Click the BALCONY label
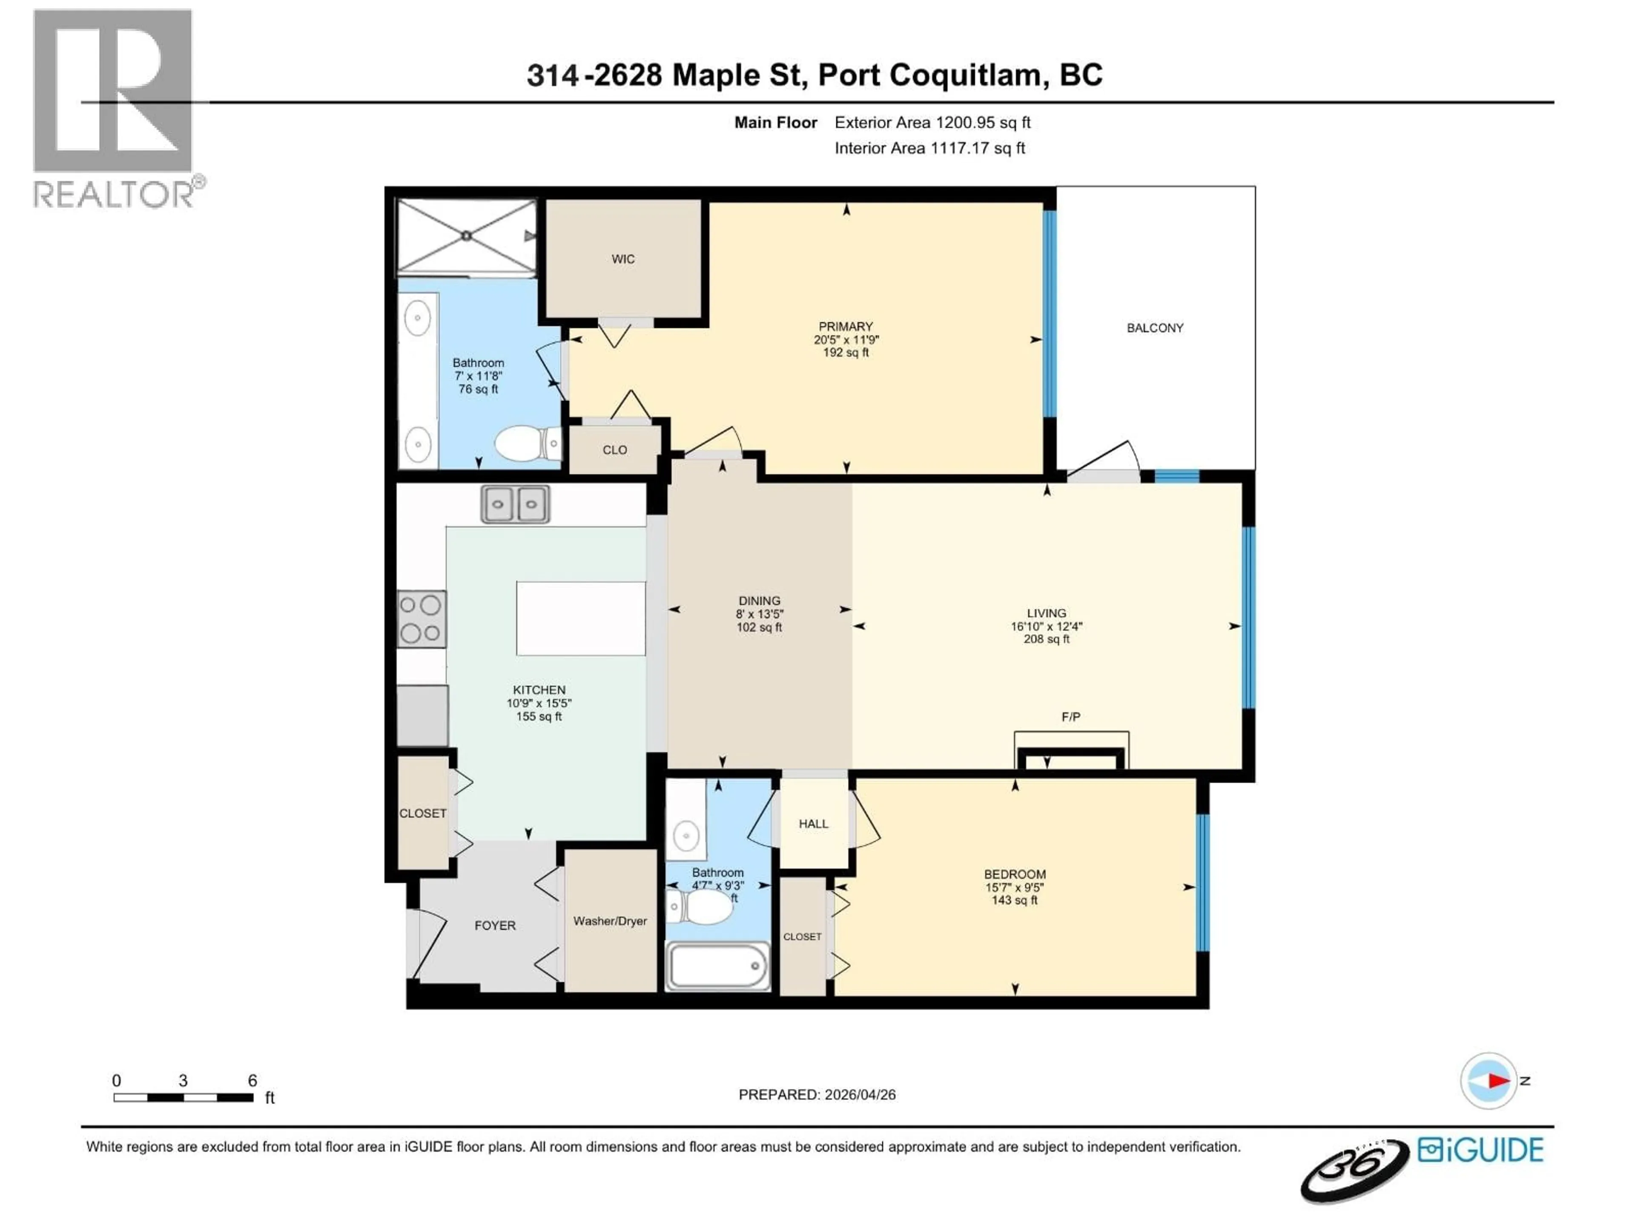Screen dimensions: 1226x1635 [x=1155, y=327]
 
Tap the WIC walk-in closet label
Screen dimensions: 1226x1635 [x=622, y=259]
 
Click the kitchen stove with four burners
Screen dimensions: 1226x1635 [x=422, y=619]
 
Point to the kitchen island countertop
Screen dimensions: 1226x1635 [x=580, y=619]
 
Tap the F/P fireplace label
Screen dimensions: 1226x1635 [x=1070, y=716]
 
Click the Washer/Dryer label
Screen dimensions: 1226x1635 [x=610, y=921]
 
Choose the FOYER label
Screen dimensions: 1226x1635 [x=494, y=925]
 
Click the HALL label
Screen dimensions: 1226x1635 [x=813, y=823]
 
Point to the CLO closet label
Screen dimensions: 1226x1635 [x=614, y=449]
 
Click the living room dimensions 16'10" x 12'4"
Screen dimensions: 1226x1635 [x=1046, y=626]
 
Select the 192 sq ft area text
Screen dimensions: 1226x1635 [x=846, y=352]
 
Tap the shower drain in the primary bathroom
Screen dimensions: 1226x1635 [x=466, y=236]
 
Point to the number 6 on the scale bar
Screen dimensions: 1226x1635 [x=252, y=1080]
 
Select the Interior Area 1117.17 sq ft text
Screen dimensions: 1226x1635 [x=929, y=148]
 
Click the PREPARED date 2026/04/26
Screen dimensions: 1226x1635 [x=858, y=1094]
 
